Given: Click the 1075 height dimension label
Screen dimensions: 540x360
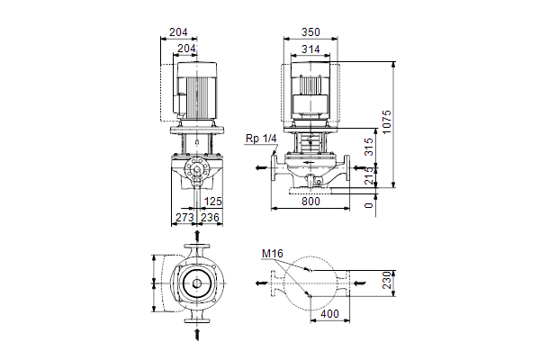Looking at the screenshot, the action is (387, 122).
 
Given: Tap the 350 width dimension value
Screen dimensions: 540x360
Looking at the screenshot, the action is (310, 32).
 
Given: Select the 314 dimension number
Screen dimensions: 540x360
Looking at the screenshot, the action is (310, 49).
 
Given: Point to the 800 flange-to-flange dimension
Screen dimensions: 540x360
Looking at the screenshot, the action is (310, 202).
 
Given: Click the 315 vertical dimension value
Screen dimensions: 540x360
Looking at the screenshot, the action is (368, 147).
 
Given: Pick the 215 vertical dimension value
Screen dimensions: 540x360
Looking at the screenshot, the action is (368, 175).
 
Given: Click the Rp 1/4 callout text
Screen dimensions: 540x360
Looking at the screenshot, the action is (261, 139).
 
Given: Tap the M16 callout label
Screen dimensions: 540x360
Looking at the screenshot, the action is (273, 254).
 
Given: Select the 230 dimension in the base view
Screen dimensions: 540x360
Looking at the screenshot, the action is (387, 280).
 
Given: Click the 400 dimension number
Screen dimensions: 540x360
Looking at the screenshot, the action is (329, 314).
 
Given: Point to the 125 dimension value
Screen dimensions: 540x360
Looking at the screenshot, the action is (212, 202).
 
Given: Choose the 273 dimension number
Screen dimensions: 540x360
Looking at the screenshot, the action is (184, 218).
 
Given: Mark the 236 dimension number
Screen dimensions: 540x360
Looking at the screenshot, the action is (210, 218).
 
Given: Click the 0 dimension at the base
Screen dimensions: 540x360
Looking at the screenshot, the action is (368, 205).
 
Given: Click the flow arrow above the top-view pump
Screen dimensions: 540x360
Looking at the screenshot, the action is (197, 236).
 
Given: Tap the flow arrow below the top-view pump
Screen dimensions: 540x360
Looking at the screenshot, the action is (197, 334).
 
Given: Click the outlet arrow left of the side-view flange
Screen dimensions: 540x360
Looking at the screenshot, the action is (261, 167).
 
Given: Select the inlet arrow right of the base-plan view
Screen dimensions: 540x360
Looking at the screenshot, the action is (360, 283).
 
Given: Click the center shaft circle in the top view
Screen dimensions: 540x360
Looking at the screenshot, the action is (197, 283).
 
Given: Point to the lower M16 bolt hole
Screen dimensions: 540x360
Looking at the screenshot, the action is (310, 295).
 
